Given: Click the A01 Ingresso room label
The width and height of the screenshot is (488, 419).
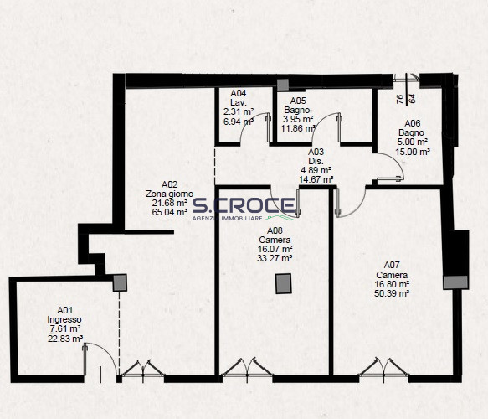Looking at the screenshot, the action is [64, 315].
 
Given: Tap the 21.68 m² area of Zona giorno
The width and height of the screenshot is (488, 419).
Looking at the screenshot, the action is [170, 203].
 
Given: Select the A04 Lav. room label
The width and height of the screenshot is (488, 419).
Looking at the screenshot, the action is [239, 97].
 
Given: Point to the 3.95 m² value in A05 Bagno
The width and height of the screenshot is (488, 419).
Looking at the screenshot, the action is [298, 119].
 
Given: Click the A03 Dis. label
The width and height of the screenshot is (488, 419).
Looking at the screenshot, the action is [316, 157].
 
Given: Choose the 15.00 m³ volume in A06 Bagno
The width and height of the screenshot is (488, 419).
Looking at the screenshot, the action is [413, 152].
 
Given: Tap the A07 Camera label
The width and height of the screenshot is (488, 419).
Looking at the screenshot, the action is [392, 270].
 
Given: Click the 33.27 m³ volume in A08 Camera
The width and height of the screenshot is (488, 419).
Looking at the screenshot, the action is [275, 258].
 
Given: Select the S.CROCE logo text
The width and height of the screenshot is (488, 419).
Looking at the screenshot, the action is [244, 205].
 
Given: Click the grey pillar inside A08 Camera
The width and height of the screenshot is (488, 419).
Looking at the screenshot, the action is [284, 284].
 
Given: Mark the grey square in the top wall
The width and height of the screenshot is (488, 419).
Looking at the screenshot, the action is [283, 85].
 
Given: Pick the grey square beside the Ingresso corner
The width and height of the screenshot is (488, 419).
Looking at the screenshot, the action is [120, 283].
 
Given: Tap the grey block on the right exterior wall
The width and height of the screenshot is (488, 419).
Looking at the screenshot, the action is [455, 282].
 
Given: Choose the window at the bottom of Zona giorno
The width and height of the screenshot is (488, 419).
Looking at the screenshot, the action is [143, 370].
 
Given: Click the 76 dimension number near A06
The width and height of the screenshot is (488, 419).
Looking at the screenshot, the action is [400, 99].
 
